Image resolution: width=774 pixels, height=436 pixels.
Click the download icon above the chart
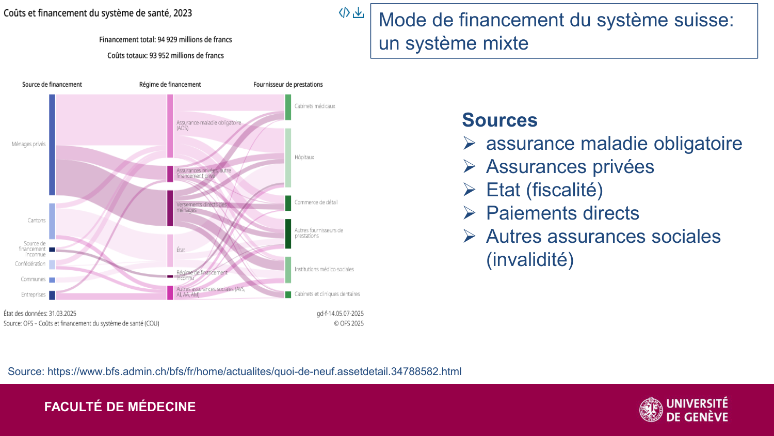point(358,13)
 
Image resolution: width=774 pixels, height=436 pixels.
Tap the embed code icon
point(344,13)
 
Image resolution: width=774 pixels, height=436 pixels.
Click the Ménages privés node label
point(29,144)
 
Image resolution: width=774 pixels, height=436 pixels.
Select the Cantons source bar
point(52,221)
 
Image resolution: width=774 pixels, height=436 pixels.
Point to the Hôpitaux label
point(304,157)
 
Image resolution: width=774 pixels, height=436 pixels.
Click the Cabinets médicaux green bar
point(288,107)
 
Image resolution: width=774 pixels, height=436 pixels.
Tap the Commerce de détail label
point(316,203)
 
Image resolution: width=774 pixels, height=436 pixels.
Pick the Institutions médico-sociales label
point(324,269)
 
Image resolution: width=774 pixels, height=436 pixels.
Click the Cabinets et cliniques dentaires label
point(327,294)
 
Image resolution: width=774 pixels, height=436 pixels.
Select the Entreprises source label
point(33,294)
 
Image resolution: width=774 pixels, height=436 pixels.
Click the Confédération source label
point(30,264)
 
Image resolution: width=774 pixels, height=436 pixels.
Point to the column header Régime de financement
point(170,84)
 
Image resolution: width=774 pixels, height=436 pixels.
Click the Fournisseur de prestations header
point(288,84)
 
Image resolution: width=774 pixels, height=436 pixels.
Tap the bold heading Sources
point(499,120)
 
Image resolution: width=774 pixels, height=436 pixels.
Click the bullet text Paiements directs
point(562,213)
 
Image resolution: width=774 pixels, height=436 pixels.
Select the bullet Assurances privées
point(570,166)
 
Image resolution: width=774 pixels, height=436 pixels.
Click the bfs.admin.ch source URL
point(254,371)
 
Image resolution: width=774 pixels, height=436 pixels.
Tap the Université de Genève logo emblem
point(651,410)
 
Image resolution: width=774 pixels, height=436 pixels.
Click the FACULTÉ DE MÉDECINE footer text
point(120,407)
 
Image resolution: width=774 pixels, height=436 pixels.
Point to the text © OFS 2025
point(348,323)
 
